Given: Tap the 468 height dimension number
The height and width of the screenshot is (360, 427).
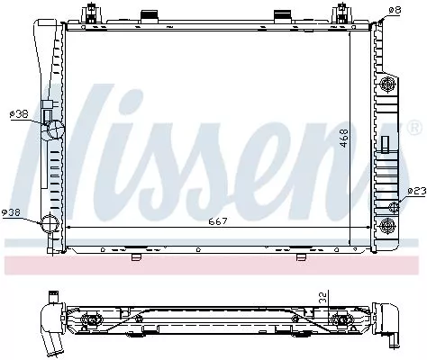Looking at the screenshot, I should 343,140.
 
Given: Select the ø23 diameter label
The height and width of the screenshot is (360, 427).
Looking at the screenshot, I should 416,191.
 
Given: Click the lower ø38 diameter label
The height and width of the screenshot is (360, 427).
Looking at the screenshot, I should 12,212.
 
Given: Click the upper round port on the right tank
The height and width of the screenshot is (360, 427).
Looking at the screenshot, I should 390,85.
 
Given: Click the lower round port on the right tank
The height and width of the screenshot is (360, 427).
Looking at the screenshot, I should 390,223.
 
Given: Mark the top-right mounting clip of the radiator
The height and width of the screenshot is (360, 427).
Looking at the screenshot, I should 342,16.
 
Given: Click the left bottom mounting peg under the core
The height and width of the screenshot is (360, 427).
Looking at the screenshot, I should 136,256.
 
